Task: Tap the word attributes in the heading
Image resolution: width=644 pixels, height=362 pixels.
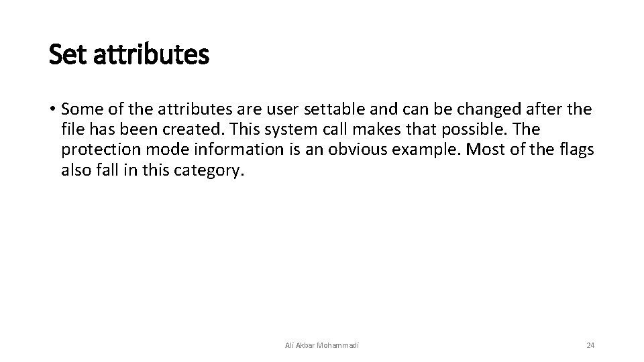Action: [x=151, y=55]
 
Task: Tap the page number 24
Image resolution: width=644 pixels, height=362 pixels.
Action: [x=590, y=345]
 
